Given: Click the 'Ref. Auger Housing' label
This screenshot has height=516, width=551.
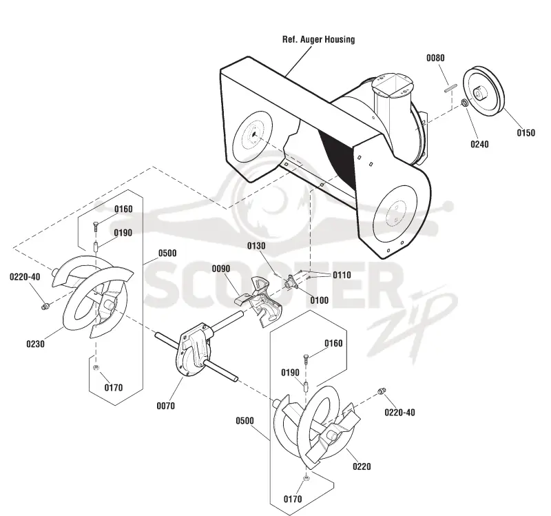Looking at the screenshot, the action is (x=318, y=39).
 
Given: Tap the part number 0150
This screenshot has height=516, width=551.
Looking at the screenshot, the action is (x=526, y=132).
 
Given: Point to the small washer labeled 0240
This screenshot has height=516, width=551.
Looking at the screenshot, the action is (x=464, y=103).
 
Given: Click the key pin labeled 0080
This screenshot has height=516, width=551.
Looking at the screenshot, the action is (x=450, y=88).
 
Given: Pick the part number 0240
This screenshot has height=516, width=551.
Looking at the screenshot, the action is (x=479, y=144).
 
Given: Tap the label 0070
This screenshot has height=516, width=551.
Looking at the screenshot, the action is (x=165, y=406).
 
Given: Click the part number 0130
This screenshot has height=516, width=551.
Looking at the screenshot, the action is (x=256, y=246).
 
